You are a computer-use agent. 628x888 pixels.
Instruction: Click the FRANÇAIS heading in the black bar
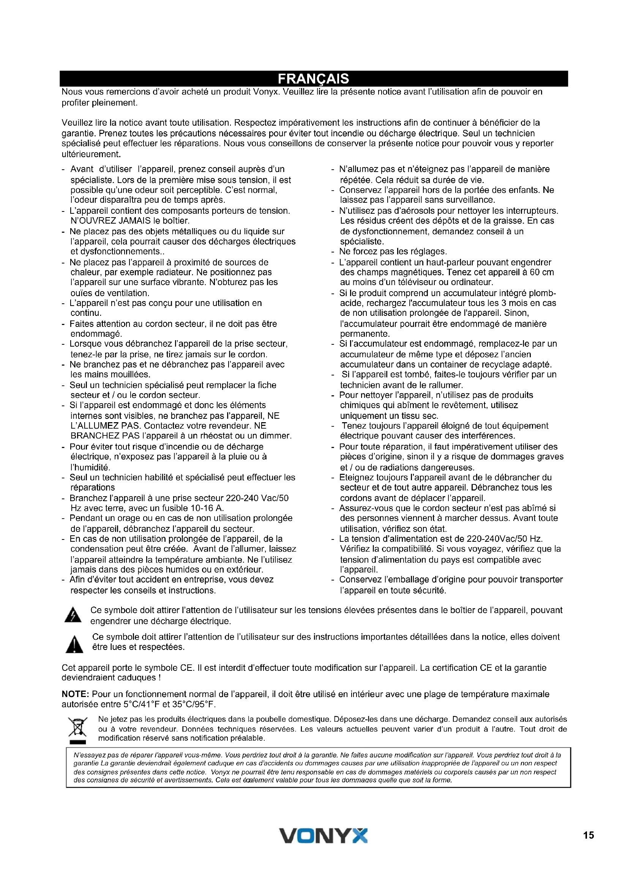[x=313, y=79]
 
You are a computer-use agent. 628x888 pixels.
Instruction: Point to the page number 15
[x=588, y=835]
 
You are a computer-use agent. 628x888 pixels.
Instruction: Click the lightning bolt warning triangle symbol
[x=73, y=615]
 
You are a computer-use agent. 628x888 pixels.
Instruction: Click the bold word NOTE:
[x=76, y=694]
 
